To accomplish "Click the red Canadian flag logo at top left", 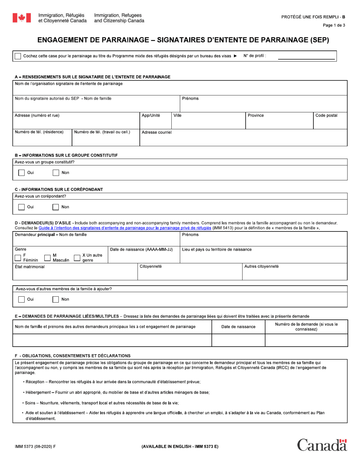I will [22, 18].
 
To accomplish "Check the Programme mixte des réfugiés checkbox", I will [18, 56].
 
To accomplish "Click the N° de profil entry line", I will [307, 56].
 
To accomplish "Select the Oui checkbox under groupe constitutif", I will [22, 173].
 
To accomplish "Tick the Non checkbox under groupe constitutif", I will [56, 173].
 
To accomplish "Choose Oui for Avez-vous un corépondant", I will [22, 207].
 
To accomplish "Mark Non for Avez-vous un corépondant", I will [56, 207].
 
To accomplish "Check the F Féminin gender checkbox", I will [18, 258].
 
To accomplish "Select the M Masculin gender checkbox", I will [47, 258].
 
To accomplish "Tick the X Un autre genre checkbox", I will [77, 258].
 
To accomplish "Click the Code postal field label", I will [326, 116].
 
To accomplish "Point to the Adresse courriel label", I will [157, 133].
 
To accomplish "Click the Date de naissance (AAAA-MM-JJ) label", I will [141, 249].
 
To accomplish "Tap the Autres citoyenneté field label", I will [261, 266].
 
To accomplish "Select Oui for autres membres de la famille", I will [22, 299].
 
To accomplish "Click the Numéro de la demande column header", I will [306, 327].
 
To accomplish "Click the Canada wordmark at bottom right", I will [322, 445].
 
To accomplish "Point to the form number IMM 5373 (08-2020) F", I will [35, 447].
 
